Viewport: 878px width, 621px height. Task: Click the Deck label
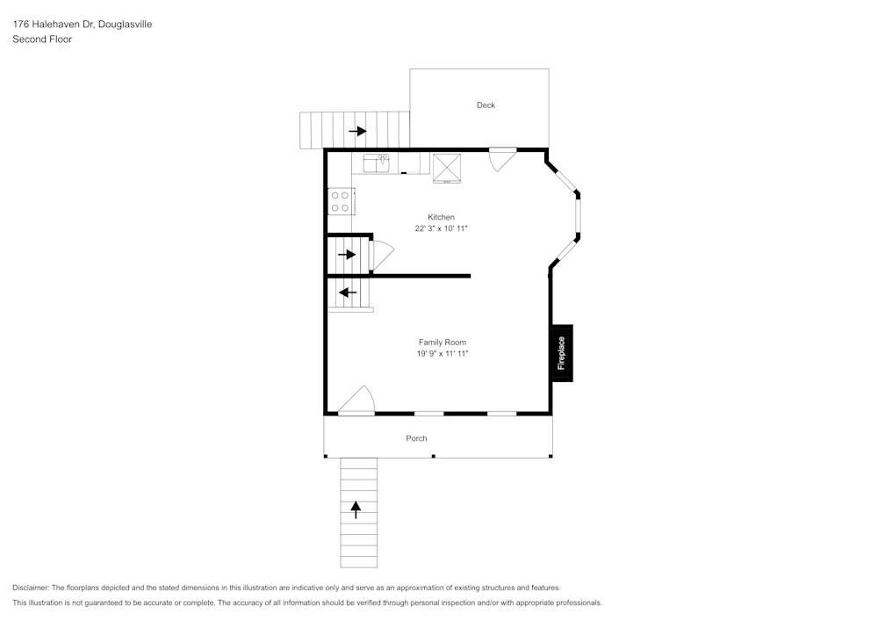486,105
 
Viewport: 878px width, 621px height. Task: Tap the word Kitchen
441,217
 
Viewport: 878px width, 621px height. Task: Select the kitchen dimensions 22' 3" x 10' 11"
441,228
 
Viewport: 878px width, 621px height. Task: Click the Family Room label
442,343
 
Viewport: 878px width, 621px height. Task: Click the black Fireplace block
561,353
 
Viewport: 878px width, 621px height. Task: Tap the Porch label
416,438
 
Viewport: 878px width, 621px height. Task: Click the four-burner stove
340,201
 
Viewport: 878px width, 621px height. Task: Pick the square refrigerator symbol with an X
447,166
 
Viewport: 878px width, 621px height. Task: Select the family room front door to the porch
357,401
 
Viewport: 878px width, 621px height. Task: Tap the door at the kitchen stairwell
380,254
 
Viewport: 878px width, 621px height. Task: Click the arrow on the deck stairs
357,131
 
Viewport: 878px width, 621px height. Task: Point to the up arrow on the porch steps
356,509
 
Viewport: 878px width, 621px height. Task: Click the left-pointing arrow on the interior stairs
348,292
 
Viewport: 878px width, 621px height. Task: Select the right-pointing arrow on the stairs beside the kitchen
347,255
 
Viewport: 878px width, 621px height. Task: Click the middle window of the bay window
578,216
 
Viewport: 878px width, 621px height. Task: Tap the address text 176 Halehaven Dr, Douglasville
82,25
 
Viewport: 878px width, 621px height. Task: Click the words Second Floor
42,40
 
